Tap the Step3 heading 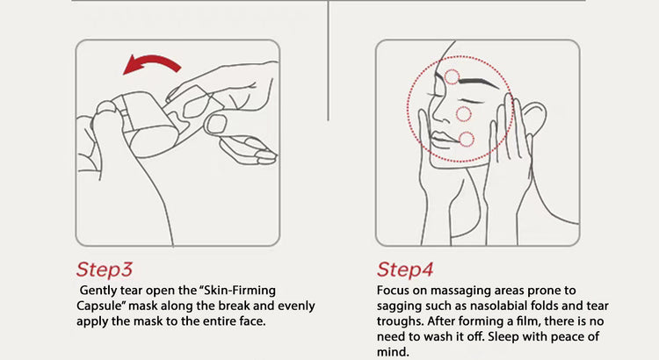coord(105,270)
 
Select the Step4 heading coord(405,270)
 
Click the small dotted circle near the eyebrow coord(453,77)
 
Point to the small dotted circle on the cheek coord(464,114)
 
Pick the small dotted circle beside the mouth coord(466,139)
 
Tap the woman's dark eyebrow coord(480,82)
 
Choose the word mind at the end coord(393,351)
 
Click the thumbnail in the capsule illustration coord(216,125)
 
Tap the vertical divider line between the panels coord(329,61)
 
